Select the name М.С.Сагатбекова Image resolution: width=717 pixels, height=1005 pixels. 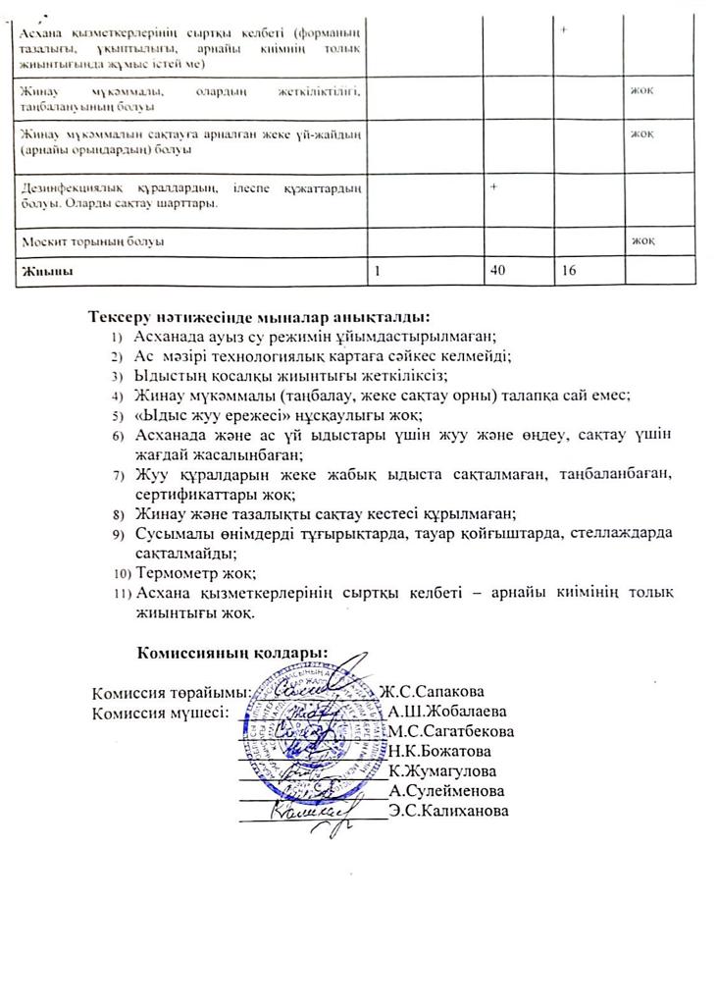451,731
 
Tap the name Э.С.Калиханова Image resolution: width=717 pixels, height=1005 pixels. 449,811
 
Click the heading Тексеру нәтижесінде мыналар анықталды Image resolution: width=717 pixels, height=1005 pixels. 259,318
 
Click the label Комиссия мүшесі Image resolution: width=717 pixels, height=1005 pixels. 160,712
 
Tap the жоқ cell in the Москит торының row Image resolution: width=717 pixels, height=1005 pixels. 642,240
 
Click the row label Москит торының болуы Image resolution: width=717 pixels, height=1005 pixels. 93,240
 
